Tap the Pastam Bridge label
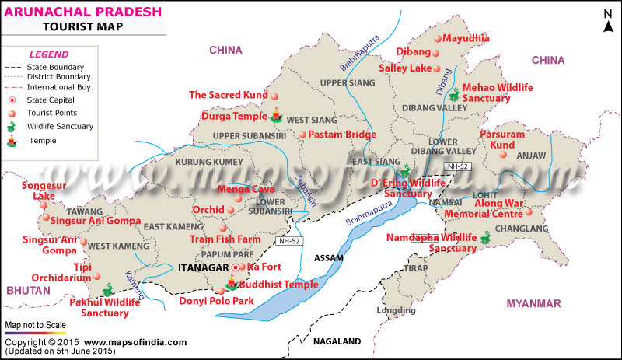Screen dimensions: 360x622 click(x=342, y=135)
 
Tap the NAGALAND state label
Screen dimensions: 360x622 click(x=337, y=341)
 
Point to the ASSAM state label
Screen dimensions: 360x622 click(x=328, y=257)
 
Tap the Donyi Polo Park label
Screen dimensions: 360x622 click(x=216, y=300)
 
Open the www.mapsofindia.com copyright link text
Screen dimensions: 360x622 click(x=135, y=342)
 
